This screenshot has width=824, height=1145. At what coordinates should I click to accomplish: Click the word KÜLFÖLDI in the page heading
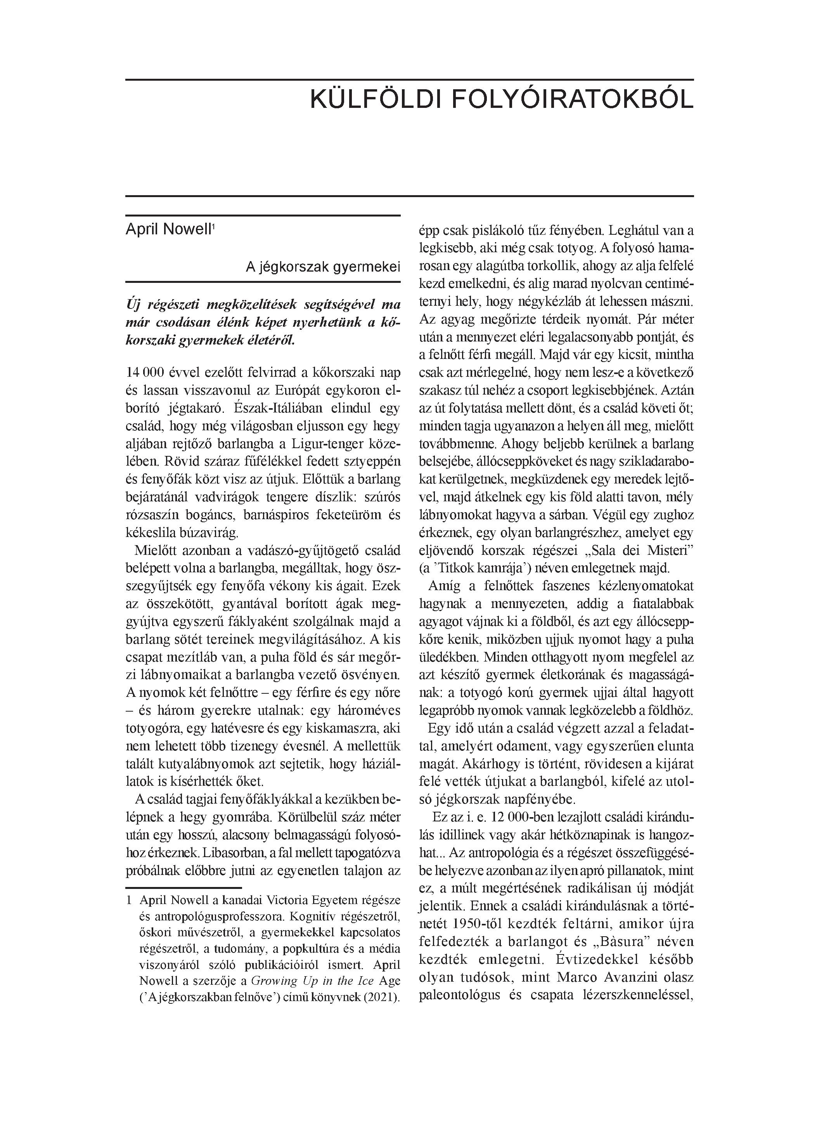coord(375,99)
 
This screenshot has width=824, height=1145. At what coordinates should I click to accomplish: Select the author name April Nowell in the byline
coord(168,229)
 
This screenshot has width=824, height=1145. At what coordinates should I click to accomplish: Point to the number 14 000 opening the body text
coord(144,372)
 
